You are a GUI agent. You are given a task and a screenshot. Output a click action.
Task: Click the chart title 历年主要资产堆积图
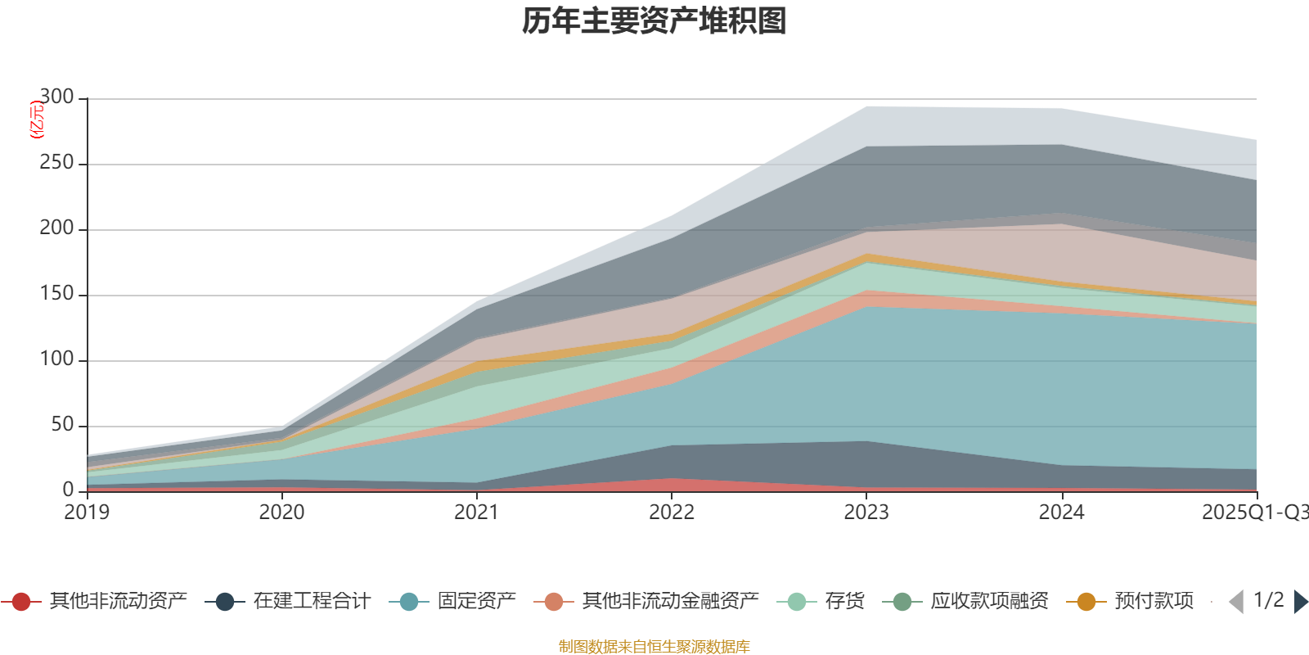(x=654, y=21)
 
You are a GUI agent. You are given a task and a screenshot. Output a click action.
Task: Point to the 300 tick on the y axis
(x=56, y=97)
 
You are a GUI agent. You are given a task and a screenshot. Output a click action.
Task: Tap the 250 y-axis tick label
(x=56, y=163)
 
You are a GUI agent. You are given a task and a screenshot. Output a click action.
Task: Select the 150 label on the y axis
(x=56, y=294)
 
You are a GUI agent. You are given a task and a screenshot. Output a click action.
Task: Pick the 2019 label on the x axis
(x=87, y=513)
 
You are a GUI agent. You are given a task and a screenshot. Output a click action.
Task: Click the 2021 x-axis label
(x=476, y=513)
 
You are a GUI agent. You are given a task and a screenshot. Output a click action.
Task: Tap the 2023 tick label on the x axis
(x=866, y=513)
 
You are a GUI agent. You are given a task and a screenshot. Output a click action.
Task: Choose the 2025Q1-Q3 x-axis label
(x=1254, y=513)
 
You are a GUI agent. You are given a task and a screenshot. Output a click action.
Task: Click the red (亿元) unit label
(x=36, y=120)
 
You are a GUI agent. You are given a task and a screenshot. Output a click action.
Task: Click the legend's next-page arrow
(x=1300, y=602)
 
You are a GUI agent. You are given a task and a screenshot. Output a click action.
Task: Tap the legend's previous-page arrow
(x=1236, y=602)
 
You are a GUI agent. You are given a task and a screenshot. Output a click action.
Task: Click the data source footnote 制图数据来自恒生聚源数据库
(x=654, y=647)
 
